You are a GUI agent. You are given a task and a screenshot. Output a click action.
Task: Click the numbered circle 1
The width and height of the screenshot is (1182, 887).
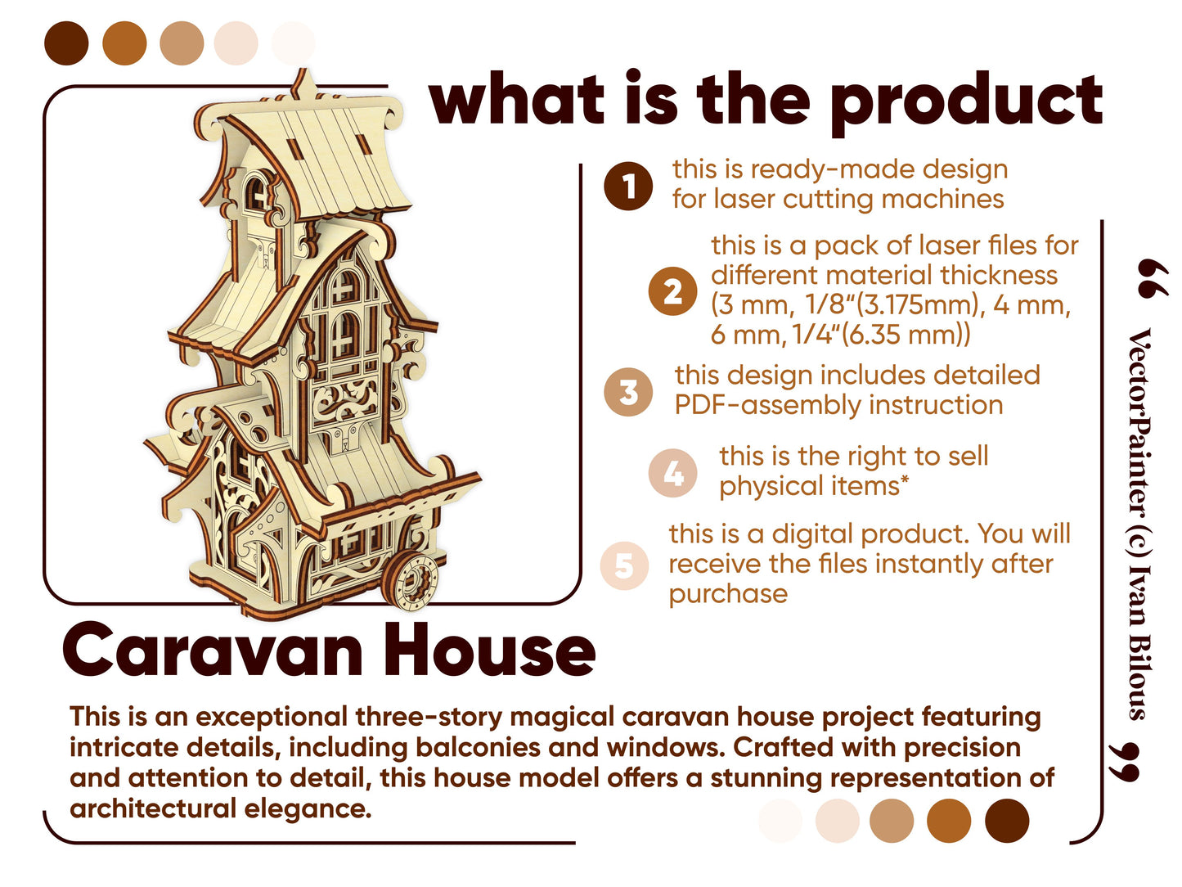tap(628, 186)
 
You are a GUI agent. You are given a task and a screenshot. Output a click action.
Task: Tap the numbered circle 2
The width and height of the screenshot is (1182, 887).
tap(672, 291)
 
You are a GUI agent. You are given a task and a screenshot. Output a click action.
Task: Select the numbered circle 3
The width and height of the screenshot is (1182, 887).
tap(628, 392)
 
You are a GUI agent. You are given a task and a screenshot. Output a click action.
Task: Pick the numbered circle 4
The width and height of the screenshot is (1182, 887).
tap(672, 473)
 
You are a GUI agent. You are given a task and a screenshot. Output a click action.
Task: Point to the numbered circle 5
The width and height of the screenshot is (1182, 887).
tap(624, 565)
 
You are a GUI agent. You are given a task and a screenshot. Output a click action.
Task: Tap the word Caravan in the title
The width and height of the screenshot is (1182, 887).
tap(213, 651)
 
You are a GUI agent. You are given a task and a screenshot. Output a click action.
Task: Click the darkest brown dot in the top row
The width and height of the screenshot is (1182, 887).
tap(66, 43)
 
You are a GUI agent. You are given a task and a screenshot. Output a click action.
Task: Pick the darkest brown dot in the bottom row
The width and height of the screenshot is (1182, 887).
tap(1006, 820)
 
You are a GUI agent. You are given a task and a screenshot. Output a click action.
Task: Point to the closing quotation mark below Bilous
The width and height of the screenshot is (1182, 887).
tap(1125, 762)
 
